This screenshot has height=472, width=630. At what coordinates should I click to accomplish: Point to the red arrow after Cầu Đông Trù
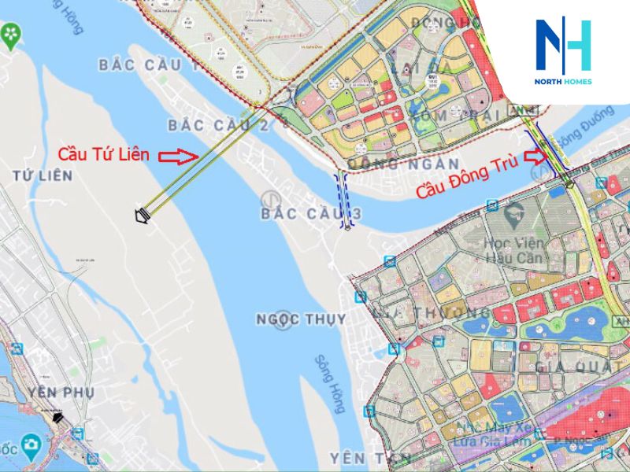535,156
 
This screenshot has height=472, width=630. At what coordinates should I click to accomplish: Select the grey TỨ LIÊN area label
43,176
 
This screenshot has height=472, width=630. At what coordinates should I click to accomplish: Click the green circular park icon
11,35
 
